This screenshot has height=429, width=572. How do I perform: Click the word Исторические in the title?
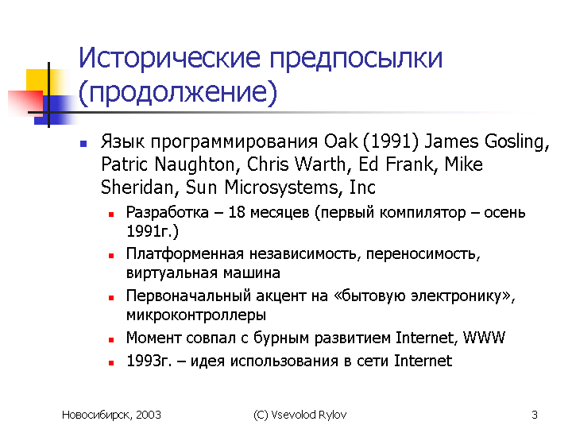coord(170,58)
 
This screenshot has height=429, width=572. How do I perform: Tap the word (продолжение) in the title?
coord(178,92)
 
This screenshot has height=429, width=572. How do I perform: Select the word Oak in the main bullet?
coord(341,141)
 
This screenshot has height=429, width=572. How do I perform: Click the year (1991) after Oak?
coord(391,142)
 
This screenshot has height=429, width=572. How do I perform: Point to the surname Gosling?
coord(517,142)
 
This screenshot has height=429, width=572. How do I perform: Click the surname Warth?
coord(323,164)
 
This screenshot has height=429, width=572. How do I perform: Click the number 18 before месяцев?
coord(237,212)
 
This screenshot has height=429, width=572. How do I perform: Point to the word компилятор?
coord(423,213)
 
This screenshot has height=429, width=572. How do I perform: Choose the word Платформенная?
coord(184,254)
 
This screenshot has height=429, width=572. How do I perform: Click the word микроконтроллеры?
coord(196,315)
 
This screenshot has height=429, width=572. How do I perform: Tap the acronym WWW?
coord(484,338)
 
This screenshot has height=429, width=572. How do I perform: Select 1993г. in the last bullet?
coord(149,361)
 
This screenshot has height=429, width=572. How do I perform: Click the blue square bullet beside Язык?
coord(83,144)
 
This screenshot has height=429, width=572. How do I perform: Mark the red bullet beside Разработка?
coord(111,214)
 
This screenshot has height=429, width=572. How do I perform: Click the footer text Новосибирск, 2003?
coord(111,415)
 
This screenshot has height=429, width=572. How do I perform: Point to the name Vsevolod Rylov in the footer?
coord(308,415)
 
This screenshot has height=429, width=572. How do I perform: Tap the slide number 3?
coord(535,415)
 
